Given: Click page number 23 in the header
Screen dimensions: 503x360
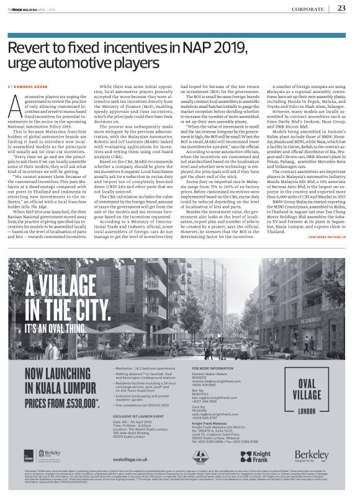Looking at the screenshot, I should (x=341, y=8).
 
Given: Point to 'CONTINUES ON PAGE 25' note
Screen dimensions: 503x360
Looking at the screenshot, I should (x=330, y=237).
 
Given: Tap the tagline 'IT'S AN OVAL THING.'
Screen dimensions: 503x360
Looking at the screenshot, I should (x=53, y=325).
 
